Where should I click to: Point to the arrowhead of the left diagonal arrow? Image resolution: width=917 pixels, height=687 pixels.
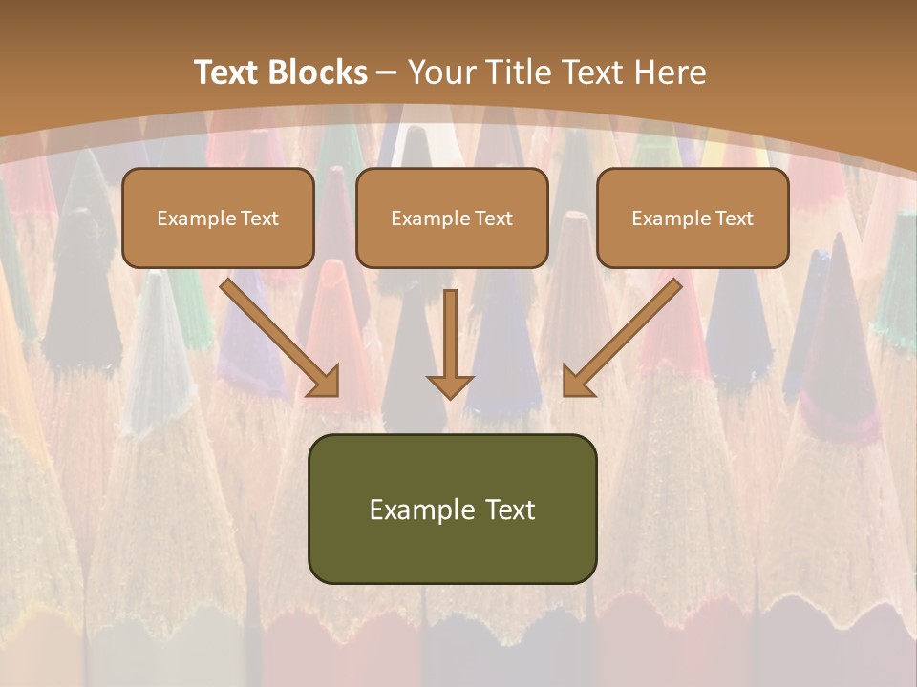325,382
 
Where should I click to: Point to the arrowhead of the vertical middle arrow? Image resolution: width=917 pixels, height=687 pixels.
450,386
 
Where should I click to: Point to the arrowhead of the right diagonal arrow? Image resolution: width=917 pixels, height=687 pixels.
577,382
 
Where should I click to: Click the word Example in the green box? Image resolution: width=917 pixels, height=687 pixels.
422,510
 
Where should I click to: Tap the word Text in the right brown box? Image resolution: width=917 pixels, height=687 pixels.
734,219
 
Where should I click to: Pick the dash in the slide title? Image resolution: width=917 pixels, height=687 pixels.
387,73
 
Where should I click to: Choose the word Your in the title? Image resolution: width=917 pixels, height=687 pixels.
440,73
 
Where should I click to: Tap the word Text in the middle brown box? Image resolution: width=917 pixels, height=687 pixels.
493,219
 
